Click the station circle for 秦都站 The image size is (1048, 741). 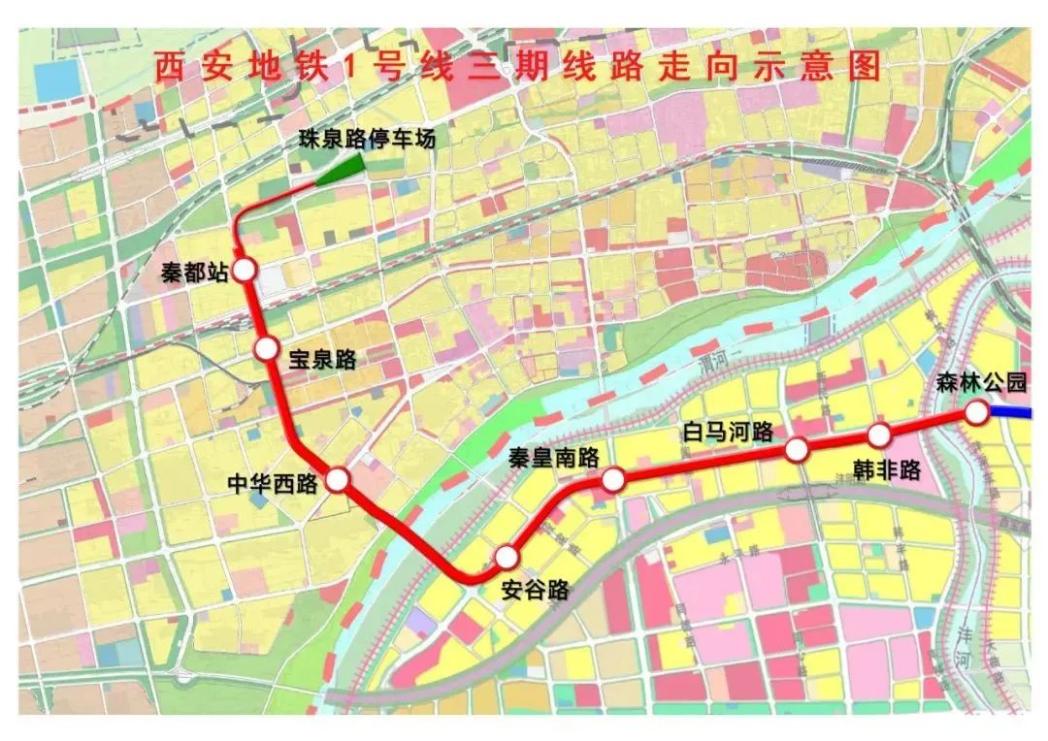[243, 271]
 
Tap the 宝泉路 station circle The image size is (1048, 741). [266, 348]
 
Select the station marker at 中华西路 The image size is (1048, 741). [338, 479]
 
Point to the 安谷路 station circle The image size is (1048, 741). [507, 557]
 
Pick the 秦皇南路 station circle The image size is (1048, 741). [613, 479]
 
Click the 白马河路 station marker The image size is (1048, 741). [797, 449]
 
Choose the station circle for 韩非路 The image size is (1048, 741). [879, 435]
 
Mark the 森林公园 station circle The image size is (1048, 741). [976, 413]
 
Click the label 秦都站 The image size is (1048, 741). [194, 273]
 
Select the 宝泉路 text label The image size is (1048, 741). [322, 359]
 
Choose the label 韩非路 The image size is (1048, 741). [886, 470]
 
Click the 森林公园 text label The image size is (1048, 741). [981, 382]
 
